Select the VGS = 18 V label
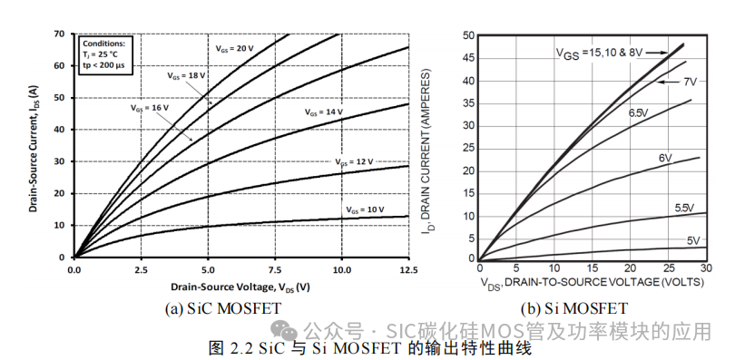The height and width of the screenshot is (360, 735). [185, 75]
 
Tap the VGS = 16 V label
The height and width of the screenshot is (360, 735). [147, 107]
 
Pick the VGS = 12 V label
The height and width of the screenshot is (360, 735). [354, 161]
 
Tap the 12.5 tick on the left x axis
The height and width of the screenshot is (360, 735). [408, 270]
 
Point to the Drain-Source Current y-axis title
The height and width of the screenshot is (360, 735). [33, 145]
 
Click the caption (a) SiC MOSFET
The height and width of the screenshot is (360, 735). [222, 309]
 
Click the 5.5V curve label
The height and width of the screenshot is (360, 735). [687, 209]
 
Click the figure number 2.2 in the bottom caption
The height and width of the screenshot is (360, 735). [238, 347]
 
